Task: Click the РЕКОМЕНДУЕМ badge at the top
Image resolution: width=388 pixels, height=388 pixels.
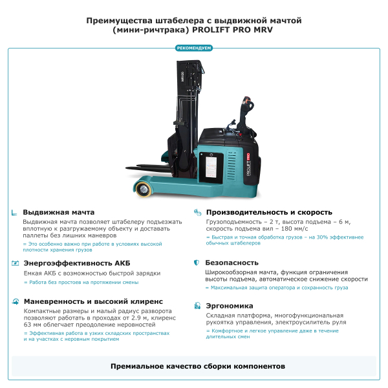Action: tap(194, 48)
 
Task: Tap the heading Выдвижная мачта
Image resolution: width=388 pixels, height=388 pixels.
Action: tap(59, 212)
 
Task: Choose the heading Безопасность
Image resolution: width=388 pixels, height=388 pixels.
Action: tap(232, 263)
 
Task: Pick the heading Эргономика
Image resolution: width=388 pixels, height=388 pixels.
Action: tap(229, 306)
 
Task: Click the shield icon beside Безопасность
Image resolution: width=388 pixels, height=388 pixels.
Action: tap(197, 263)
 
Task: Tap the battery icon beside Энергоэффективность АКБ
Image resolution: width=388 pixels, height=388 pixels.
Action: tap(15, 263)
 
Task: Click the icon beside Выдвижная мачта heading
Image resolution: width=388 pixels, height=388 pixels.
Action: tap(15, 212)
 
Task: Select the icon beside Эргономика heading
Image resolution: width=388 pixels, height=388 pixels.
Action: tap(197, 306)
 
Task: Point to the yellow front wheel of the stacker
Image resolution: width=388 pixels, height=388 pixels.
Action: tap(142, 189)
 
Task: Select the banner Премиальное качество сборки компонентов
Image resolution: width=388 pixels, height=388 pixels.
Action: tap(194, 366)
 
